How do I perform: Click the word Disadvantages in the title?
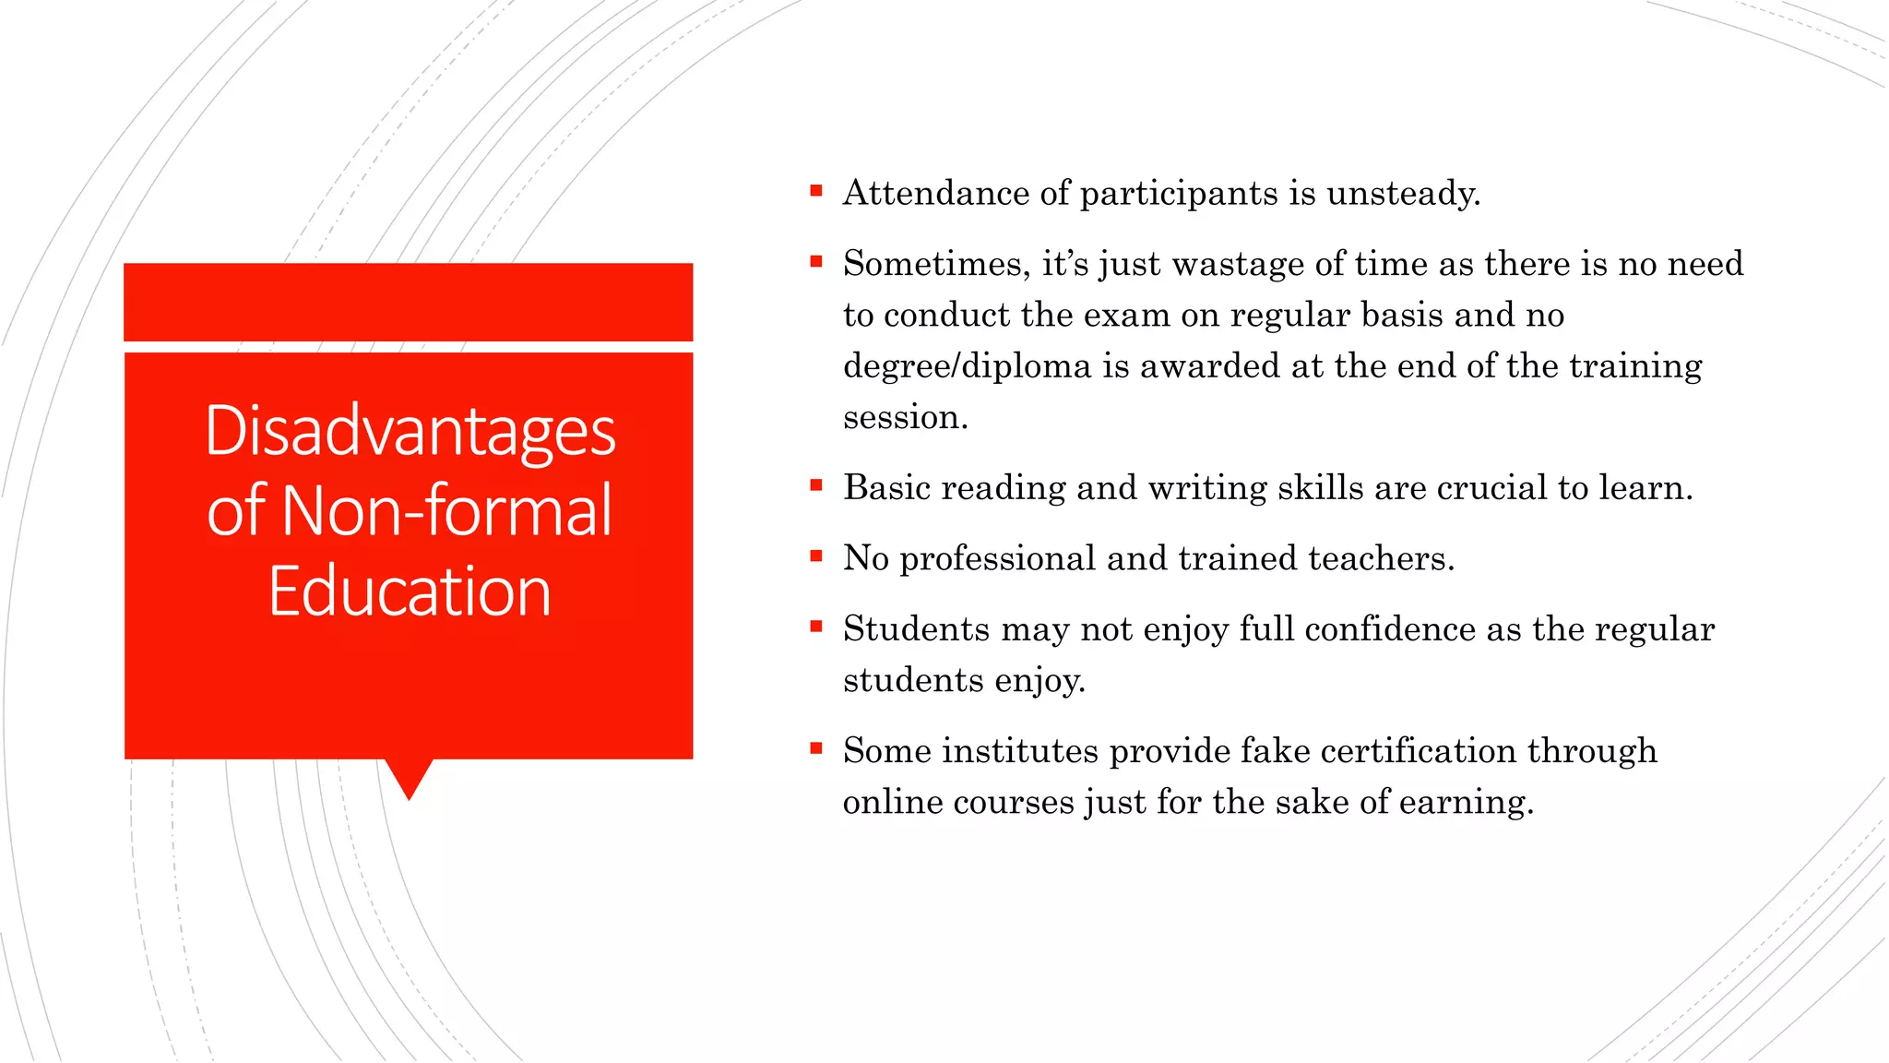pos(410,431)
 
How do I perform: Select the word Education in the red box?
pos(410,591)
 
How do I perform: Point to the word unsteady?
pos(1403,193)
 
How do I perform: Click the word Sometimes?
pos(936,264)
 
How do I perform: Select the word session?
pos(905,417)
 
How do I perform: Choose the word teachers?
pos(1381,558)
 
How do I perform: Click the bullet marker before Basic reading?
pos(815,485)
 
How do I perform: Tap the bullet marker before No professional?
pos(815,555)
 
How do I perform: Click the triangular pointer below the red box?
pos(409,777)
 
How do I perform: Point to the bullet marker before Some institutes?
pos(815,748)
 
